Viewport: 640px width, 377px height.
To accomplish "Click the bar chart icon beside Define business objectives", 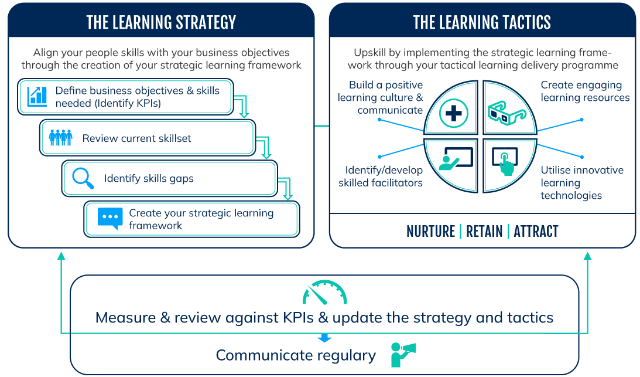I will [37, 96].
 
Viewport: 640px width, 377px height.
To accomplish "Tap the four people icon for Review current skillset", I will [60, 138].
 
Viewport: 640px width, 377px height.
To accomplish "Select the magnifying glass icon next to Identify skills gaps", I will [83, 178].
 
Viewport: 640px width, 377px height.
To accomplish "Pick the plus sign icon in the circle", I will [454, 114].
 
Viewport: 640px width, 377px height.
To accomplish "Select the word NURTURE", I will [430, 232].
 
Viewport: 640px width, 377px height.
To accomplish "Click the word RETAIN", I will [484, 232].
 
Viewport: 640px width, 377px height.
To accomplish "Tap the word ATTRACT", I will [536, 232].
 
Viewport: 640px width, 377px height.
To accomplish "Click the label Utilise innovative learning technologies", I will [581, 182].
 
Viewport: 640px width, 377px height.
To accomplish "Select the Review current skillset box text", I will [136, 138].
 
